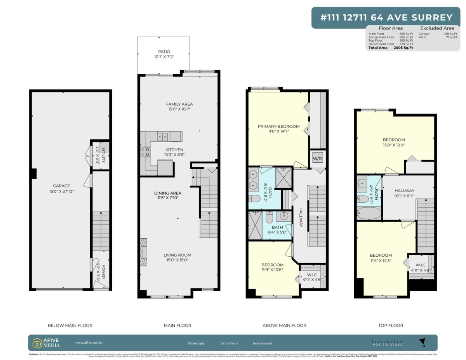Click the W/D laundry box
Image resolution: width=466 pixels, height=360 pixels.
(x=318, y=158)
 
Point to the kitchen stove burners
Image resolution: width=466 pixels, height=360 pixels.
(x=145, y=152)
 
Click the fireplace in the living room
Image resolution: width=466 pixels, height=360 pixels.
(x=144, y=252)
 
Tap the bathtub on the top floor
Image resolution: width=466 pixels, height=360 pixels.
(x=369, y=214)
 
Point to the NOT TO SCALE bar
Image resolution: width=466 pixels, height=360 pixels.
(x=387, y=343)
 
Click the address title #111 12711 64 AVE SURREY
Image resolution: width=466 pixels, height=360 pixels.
(x=386, y=17)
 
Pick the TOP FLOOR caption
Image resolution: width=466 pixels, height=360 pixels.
(x=390, y=325)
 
